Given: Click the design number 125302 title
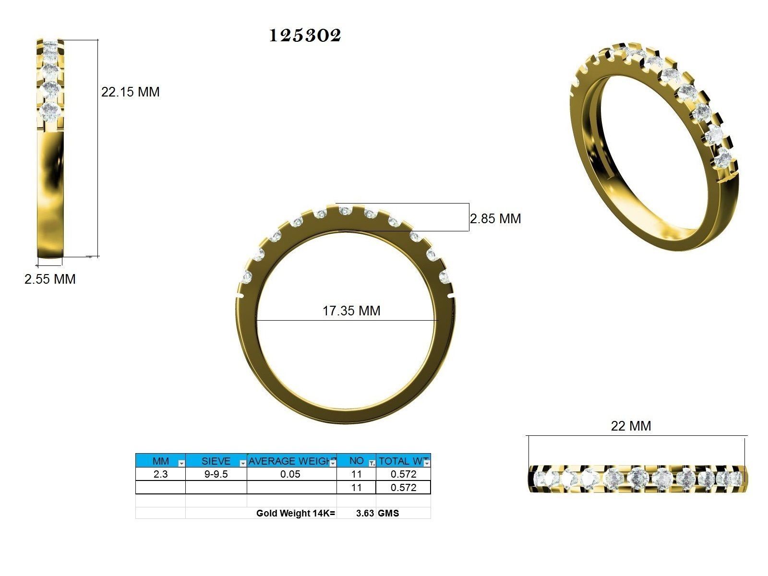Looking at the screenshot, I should (305, 35).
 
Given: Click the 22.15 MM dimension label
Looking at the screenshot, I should (130, 92).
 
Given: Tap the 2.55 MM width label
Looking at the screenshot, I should (50, 279).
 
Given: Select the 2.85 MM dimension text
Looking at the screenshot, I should (495, 219).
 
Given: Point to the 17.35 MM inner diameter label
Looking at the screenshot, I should (351, 311).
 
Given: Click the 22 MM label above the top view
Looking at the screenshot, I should (631, 426).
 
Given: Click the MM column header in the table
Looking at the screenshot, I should (160, 461).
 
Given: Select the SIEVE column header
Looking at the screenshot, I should (216, 461).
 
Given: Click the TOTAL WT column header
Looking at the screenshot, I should (401, 461).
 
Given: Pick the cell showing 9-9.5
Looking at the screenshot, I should (216, 474).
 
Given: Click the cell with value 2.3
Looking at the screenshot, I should (160, 474).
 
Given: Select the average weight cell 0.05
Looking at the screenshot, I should (291, 474).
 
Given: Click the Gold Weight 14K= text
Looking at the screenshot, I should (296, 513).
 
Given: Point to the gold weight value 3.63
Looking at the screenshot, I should (365, 513).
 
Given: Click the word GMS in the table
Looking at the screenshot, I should (388, 513).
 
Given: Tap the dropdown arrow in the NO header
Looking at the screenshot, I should (372, 464).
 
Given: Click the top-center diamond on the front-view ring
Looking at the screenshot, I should (344, 211).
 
